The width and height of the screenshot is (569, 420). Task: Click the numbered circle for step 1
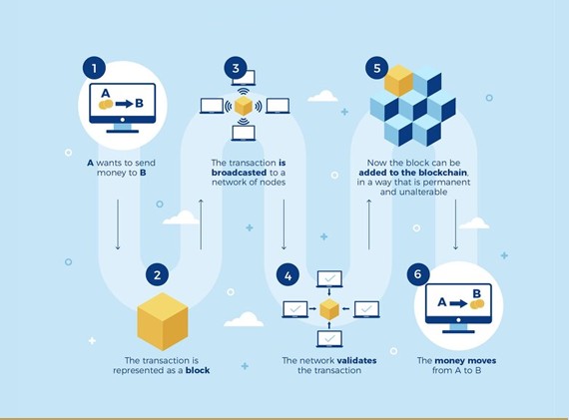95,68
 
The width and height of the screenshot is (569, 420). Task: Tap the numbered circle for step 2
157,275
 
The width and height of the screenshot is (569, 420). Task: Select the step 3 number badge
236,68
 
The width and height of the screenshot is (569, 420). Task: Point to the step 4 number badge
287,276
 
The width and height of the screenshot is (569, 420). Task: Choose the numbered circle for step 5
377,68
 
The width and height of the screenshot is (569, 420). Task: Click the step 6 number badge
418,273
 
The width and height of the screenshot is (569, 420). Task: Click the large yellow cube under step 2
163,321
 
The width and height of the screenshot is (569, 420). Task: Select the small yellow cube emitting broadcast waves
244,106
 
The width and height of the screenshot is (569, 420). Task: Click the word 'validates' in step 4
356,360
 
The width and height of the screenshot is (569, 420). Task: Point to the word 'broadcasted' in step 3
240,173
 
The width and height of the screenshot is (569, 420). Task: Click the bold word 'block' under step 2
198,370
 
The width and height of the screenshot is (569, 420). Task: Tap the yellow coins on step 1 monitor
106,105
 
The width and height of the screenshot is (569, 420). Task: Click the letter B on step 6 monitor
476,293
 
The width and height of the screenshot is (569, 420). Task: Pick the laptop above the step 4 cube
329,279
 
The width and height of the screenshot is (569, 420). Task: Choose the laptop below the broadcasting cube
244,133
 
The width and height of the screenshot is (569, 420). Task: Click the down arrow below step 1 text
118,224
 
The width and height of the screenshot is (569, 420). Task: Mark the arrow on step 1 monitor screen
125,104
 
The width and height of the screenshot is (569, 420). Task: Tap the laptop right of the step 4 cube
366,309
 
